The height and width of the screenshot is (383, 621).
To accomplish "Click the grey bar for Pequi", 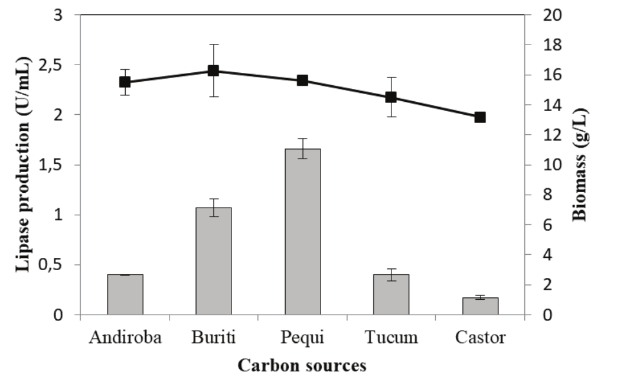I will coord(302,232).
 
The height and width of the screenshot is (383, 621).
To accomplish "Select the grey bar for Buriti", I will coord(213,261).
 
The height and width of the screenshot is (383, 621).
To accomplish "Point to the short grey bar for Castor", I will coord(480,306).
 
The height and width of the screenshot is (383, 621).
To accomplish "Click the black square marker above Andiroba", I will coord(125,82).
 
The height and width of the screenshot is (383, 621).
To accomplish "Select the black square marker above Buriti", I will coord(213,71).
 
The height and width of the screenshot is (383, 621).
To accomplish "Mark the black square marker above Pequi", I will coord(302,80).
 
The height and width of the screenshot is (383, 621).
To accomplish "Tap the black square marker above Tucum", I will coord(391,97).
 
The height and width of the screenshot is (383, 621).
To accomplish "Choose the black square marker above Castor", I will coord(480,117).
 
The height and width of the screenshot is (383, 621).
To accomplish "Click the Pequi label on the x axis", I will coord(302,338).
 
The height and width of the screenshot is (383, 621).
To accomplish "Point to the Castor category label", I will coord(480,337).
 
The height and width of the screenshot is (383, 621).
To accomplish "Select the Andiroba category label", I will coord(125,337).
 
